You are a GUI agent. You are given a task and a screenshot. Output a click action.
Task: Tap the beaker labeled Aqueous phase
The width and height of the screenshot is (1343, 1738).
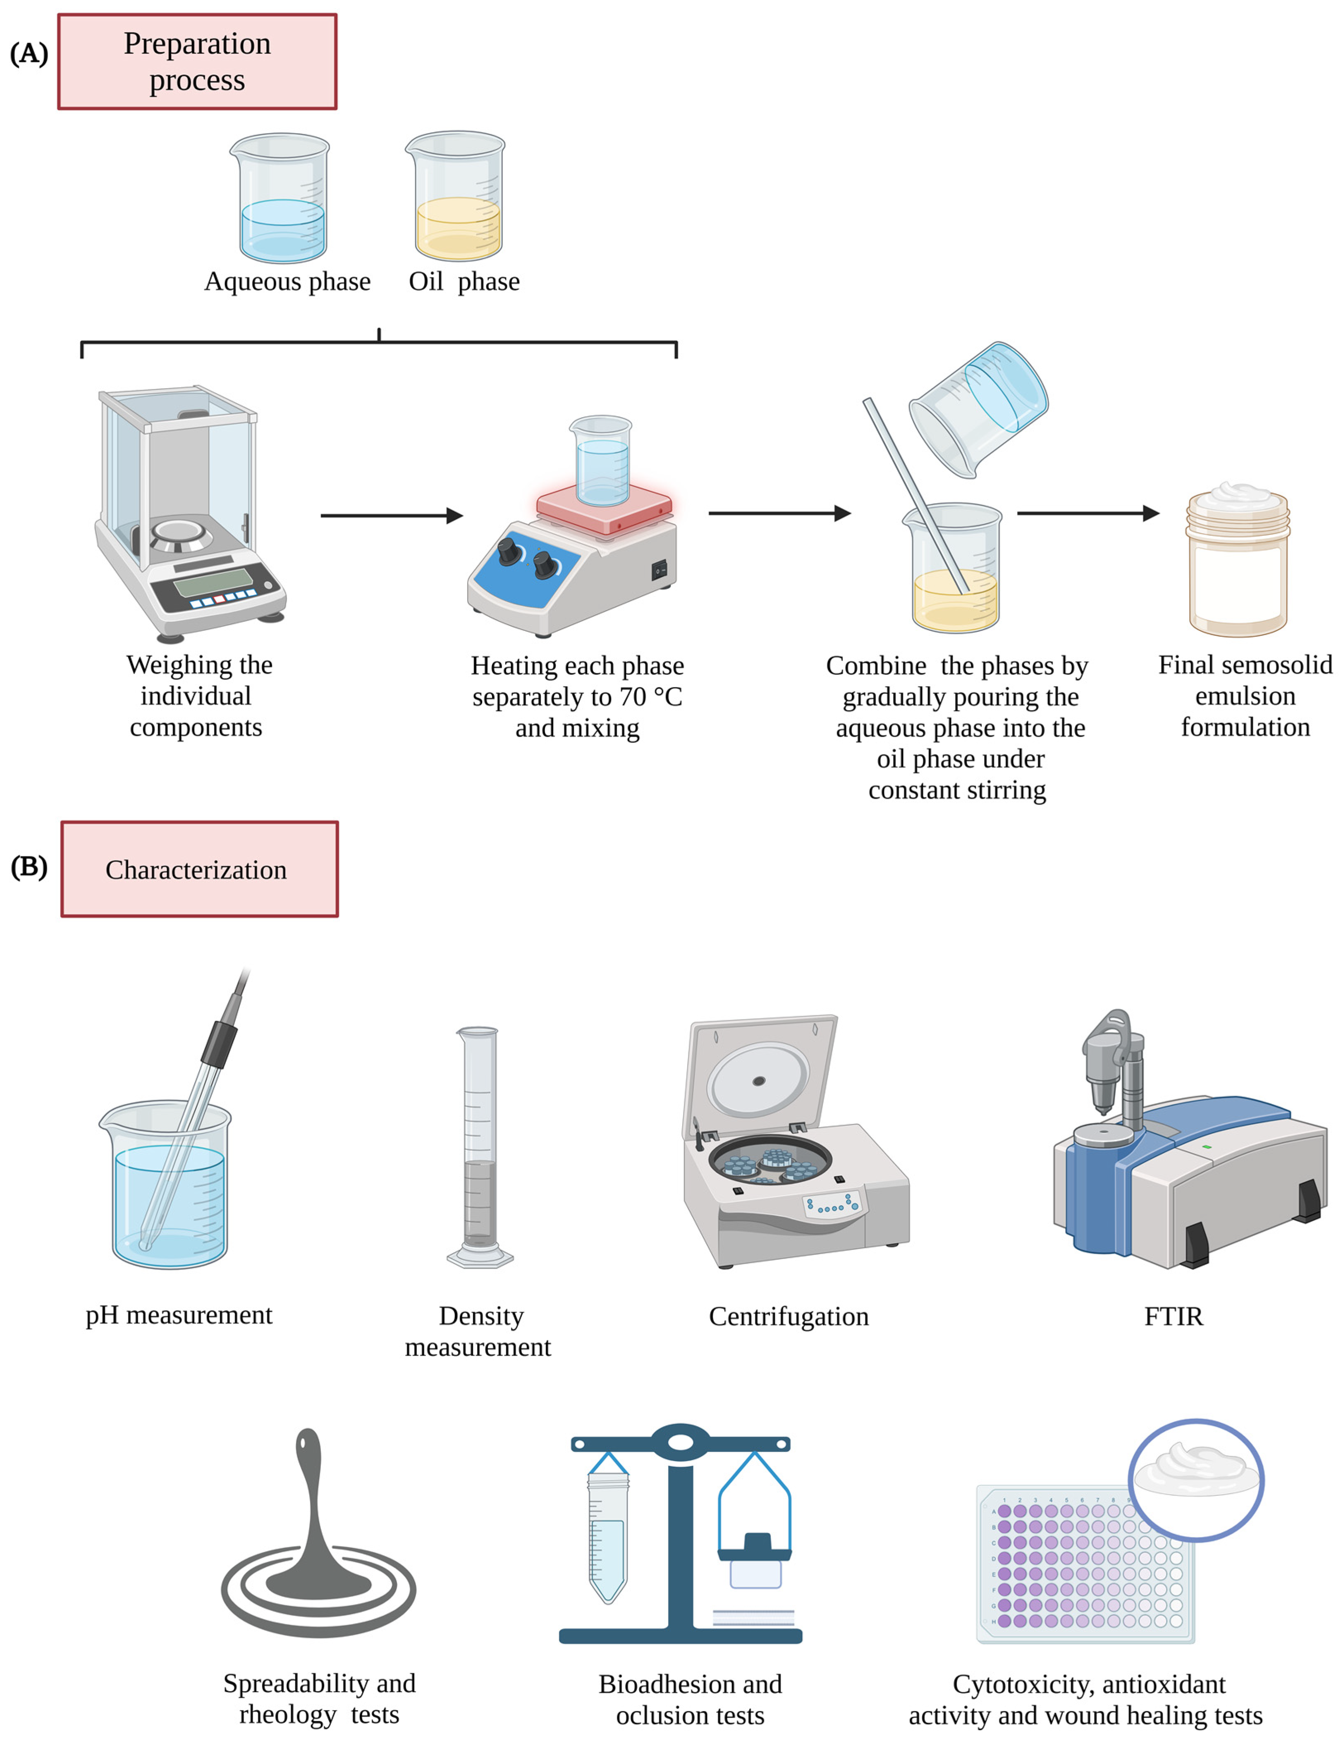pyautogui.click(x=280, y=199)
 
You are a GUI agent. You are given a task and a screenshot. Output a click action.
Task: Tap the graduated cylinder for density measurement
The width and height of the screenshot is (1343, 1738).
pyautogui.click(x=479, y=1146)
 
